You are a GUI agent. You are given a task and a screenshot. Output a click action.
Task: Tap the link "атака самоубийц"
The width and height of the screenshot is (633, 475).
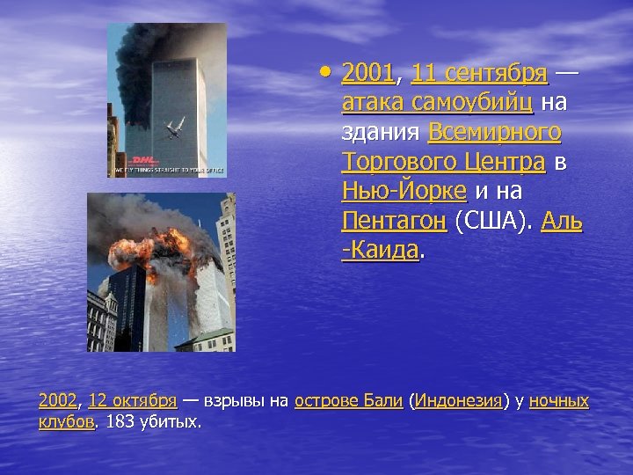[437, 103]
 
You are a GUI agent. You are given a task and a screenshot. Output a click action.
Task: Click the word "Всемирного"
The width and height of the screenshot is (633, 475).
[495, 134]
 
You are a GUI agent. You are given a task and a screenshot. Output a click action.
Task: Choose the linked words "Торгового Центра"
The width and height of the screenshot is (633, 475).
[443, 164]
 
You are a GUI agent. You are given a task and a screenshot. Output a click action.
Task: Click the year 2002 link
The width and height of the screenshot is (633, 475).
[58, 402]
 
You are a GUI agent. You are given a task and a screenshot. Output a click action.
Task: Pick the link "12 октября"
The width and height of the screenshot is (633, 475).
[132, 402]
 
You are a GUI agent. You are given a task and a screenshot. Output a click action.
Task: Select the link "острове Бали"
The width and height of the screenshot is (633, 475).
[349, 402]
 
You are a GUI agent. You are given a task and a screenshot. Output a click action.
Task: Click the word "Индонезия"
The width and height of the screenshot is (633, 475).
[458, 402]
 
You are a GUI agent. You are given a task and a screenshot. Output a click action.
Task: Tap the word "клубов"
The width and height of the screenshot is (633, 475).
[66, 423]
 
